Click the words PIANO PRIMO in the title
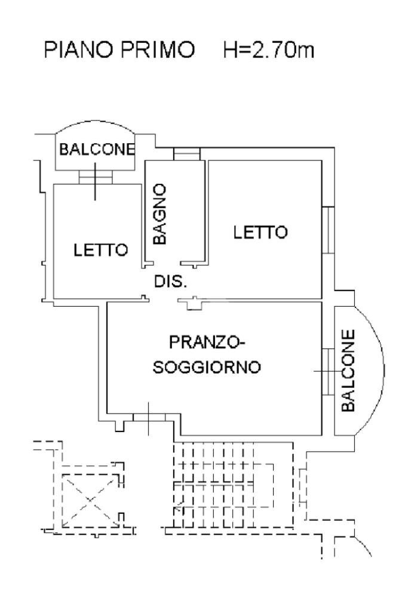[119, 51]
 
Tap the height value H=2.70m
[268, 51]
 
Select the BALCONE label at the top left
[95, 149]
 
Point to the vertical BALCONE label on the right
[349, 370]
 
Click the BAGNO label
[159, 214]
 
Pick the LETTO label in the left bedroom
[101, 250]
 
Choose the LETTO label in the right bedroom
[260, 232]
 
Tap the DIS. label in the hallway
[171, 282]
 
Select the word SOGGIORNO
[207, 367]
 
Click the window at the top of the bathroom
[187, 155]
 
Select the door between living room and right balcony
[327, 371]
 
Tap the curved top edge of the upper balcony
[95, 124]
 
